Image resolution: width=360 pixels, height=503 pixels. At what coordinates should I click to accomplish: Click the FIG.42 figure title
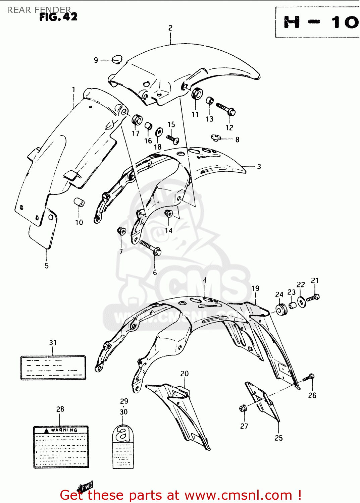[58, 17]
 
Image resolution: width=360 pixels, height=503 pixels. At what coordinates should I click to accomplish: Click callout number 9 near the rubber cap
[96, 60]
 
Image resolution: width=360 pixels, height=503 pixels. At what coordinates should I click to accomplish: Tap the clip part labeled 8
[215, 137]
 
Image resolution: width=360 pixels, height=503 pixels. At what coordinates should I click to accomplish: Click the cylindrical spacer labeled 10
[79, 203]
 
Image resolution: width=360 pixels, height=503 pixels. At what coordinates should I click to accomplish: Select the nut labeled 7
[121, 231]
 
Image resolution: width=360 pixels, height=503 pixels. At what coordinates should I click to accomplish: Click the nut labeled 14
[168, 213]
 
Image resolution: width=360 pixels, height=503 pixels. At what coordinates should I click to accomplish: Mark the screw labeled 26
[308, 378]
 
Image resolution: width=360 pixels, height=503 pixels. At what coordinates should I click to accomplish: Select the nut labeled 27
[243, 408]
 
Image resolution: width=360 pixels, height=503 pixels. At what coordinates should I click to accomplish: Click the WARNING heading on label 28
[64, 430]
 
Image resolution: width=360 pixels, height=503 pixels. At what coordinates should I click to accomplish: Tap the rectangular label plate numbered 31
[53, 368]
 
